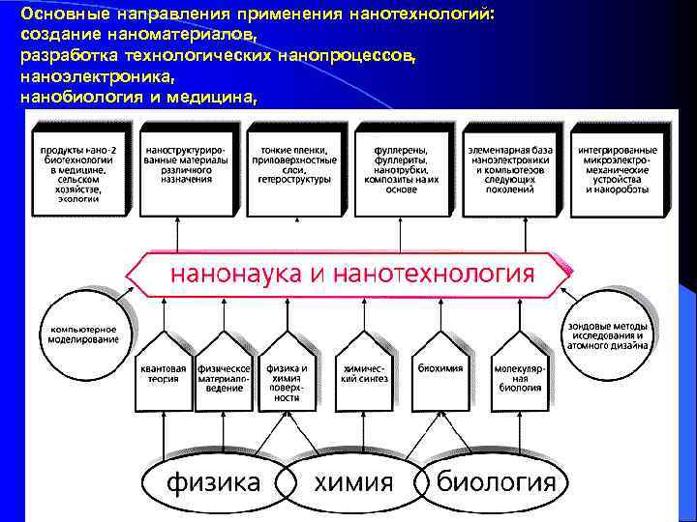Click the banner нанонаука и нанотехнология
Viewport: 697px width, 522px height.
352,274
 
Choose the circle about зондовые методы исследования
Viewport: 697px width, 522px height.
611,333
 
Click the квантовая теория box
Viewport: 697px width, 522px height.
163,369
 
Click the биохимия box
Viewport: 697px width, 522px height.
439,369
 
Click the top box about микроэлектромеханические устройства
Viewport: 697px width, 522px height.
617,169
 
